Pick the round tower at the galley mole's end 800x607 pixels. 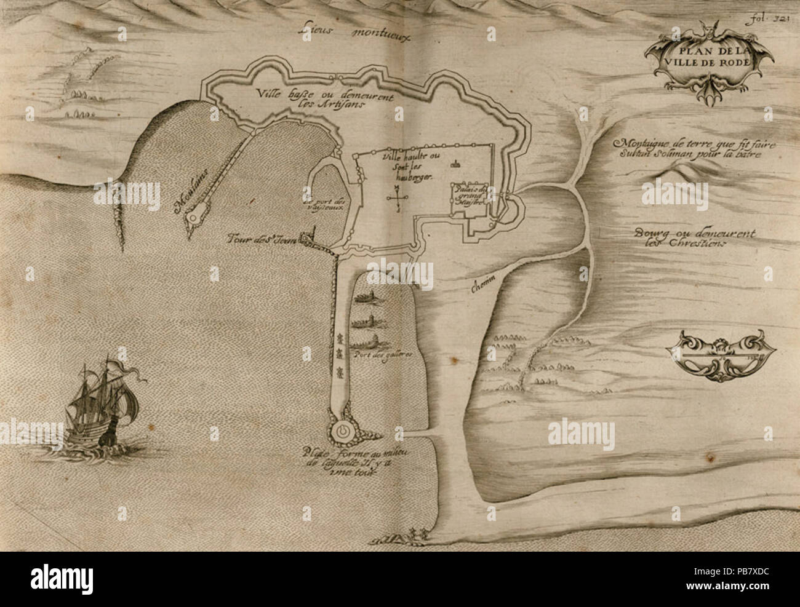coord(342,431)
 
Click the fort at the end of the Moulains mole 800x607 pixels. coord(196,216)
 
